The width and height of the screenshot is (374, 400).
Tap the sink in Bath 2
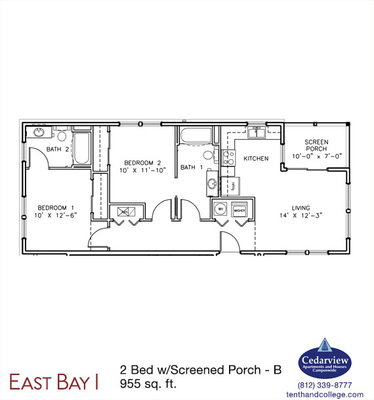[38, 133]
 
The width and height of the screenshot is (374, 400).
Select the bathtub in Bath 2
[82, 149]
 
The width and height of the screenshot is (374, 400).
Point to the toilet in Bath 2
[62, 136]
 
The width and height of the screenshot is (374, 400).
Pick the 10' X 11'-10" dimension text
[142, 170]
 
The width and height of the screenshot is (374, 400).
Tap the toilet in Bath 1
[208, 156]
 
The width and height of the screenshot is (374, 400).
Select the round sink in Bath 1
[212, 184]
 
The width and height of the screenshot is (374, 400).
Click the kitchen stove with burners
[229, 158]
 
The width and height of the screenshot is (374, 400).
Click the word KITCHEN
[256, 159]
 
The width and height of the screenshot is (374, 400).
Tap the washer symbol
[239, 210]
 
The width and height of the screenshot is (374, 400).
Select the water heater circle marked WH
[220, 210]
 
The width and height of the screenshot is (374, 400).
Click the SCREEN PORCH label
[316, 145]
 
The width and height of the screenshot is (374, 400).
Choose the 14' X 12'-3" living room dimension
[301, 214]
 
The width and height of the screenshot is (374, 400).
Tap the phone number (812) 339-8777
[325, 385]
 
